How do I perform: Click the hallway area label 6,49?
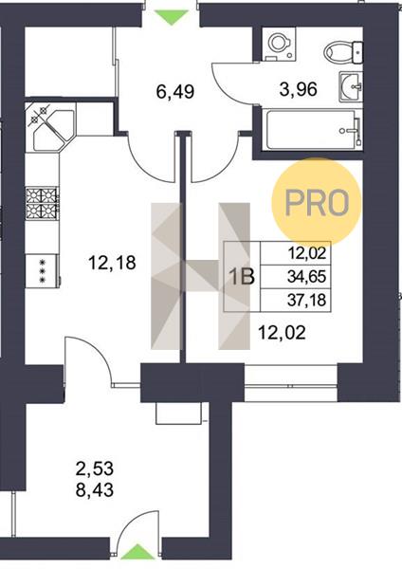(x=175, y=91)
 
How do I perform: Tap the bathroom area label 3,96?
(x=299, y=89)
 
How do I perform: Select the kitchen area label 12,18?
(x=112, y=263)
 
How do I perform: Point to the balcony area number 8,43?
(x=95, y=490)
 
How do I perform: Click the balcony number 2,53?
(x=95, y=468)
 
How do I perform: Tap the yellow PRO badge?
(x=317, y=202)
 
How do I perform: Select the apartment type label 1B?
(x=243, y=277)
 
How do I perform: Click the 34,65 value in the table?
(x=306, y=277)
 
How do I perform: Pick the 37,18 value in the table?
(x=306, y=300)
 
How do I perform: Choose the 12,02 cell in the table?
(x=306, y=253)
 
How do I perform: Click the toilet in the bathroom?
(x=343, y=51)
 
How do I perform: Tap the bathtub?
(x=314, y=130)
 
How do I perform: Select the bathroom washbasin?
(x=351, y=86)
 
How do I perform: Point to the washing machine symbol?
(x=279, y=44)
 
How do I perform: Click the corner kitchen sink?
(x=51, y=127)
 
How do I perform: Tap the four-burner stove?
(x=42, y=204)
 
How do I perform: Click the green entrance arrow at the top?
(x=172, y=17)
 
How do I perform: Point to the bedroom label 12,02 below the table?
(x=282, y=333)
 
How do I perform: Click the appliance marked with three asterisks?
(x=42, y=270)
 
